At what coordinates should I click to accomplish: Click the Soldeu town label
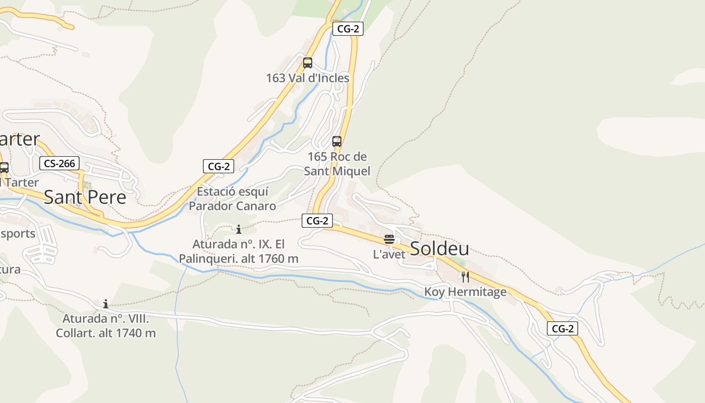(439, 248)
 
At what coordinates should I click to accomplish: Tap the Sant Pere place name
(85, 197)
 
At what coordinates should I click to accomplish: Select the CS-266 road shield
(59, 163)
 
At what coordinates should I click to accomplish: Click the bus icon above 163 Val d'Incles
(307, 63)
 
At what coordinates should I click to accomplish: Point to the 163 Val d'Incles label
(307, 78)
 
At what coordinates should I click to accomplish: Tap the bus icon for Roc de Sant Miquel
(337, 142)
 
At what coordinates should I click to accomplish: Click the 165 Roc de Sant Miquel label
(337, 164)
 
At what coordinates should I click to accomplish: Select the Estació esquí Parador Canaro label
(232, 198)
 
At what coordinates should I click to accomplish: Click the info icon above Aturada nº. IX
(239, 230)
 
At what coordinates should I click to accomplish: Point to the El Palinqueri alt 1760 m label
(239, 251)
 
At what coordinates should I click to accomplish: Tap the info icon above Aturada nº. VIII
(106, 304)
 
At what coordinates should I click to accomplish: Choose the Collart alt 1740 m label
(106, 326)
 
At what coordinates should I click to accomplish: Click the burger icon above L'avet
(389, 239)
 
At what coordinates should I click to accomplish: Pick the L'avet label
(389, 254)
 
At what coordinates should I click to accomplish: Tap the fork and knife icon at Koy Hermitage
(465, 277)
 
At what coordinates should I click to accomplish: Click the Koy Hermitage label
(465, 292)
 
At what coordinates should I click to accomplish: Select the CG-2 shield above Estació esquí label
(219, 166)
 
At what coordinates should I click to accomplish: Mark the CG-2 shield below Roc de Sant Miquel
(317, 220)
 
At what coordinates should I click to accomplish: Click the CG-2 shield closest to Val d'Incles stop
(347, 29)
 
